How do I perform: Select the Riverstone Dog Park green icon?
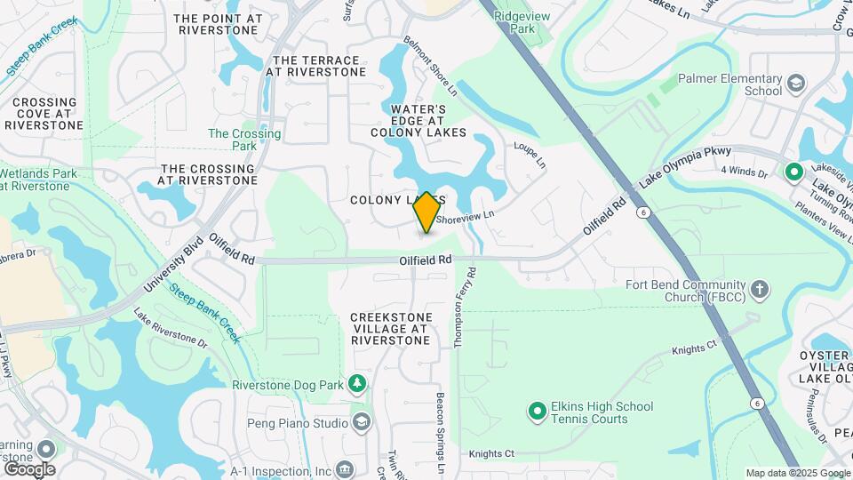tap(357, 384)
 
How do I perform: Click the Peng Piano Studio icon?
tap(362, 421)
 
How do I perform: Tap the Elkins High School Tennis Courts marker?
tap(537, 412)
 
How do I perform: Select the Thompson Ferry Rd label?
tap(460, 307)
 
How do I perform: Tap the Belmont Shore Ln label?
tap(430, 66)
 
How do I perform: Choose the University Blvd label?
tap(174, 266)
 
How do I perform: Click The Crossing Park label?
tap(244, 140)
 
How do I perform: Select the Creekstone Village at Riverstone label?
tap(391, 329)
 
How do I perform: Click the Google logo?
tap(30, 468)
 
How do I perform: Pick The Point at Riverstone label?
tap(219, 23)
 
